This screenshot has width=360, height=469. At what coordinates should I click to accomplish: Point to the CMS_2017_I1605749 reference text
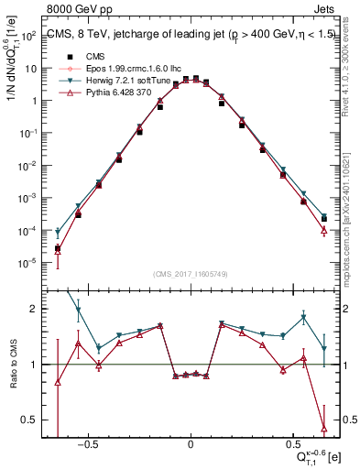[191, 274]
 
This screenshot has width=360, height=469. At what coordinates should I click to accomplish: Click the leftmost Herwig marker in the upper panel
[58, 233]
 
